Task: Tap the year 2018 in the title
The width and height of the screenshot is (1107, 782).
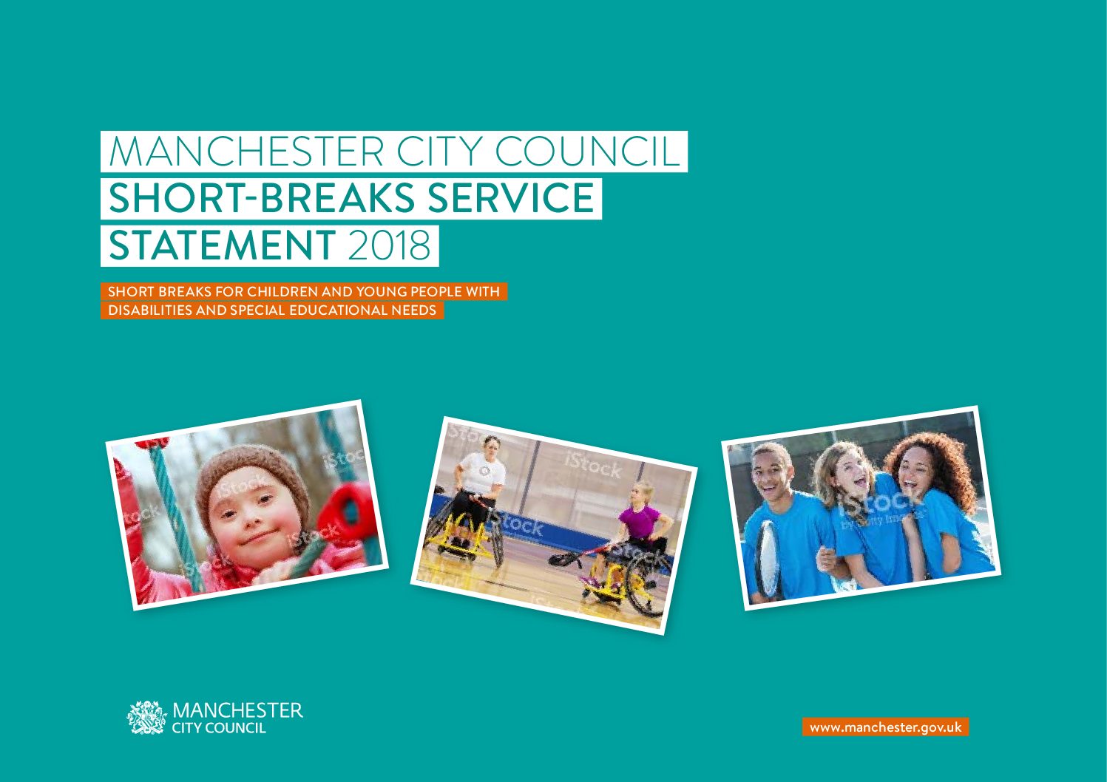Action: click(x=390, y=245)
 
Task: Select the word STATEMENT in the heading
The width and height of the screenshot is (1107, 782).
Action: click(x=223, y=245)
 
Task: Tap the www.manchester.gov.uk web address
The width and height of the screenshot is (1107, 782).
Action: click(x=886, y=727)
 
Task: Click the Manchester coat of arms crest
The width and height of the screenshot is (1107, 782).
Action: click(x=146, y=717)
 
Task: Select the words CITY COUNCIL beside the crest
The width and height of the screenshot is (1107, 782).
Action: click(x=218, y=728)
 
